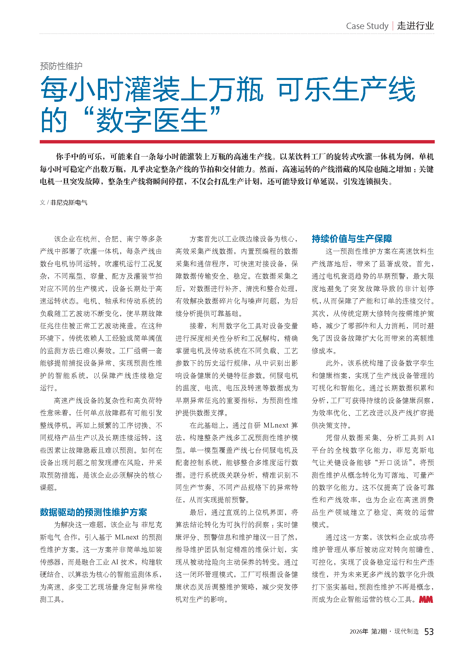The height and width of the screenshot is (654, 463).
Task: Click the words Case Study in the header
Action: pyautogui.click(x=367, y=26)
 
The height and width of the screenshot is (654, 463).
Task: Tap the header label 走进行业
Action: pyautogui.click(x=415, y=26)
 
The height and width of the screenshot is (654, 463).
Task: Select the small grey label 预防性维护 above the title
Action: pyautogui.click(x=61, y=66)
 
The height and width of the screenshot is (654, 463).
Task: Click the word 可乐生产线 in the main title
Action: pyautogui.click(x=346, y=89)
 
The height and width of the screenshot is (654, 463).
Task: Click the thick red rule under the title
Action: pyautogui.click(x=237, y=141)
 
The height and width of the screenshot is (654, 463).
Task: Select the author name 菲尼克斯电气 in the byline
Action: pyautogui.click(x=69, y=202)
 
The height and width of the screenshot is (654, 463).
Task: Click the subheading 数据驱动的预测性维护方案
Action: pyautogui.click(x=93, y=512)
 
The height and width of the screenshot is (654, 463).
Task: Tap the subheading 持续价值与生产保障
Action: pyautogui.click(x=352, y=239)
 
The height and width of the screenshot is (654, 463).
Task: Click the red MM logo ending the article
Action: pyautogui.click(x=426, y=599)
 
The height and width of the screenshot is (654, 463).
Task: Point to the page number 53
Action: pyautogui.click(x=429, y=632)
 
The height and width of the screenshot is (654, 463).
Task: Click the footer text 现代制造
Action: pyautogui.click(x=406, y=632)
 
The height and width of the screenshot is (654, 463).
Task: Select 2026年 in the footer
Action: pyautogui.click(x=359, y=632)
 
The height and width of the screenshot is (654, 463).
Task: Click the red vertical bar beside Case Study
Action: pyautogui.click(x=393, y=26)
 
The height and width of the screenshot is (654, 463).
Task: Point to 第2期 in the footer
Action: pyautogui.click(x=379, y=632)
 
